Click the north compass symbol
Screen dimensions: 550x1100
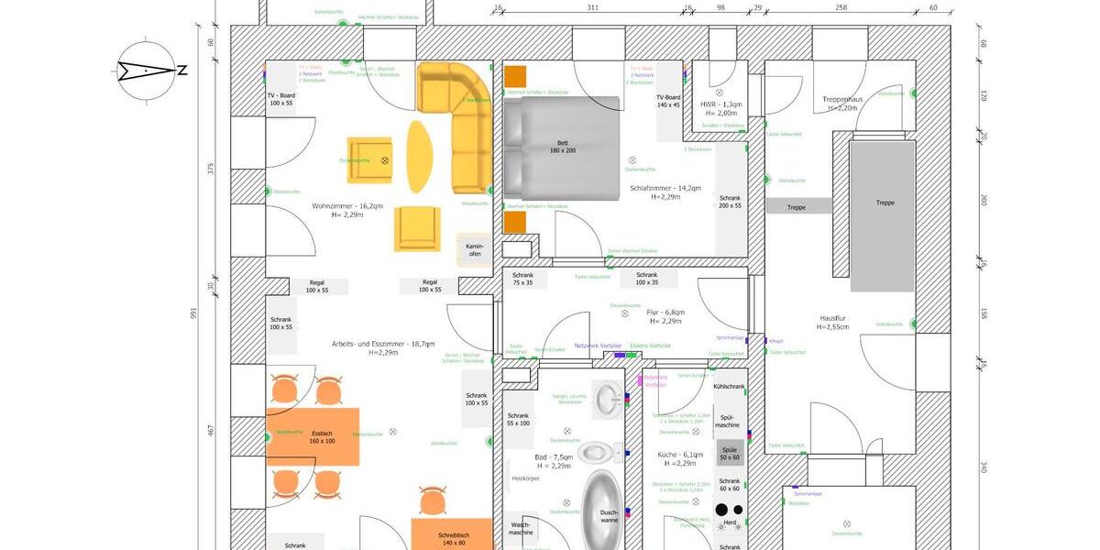147,70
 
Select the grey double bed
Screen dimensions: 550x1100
562,148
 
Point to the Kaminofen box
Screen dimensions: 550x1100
474,249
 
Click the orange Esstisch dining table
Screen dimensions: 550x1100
313,436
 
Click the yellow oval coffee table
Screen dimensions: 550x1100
418,157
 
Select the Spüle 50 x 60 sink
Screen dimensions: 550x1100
730,453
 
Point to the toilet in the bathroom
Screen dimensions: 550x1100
598,451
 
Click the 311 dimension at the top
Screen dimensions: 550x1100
592,8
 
